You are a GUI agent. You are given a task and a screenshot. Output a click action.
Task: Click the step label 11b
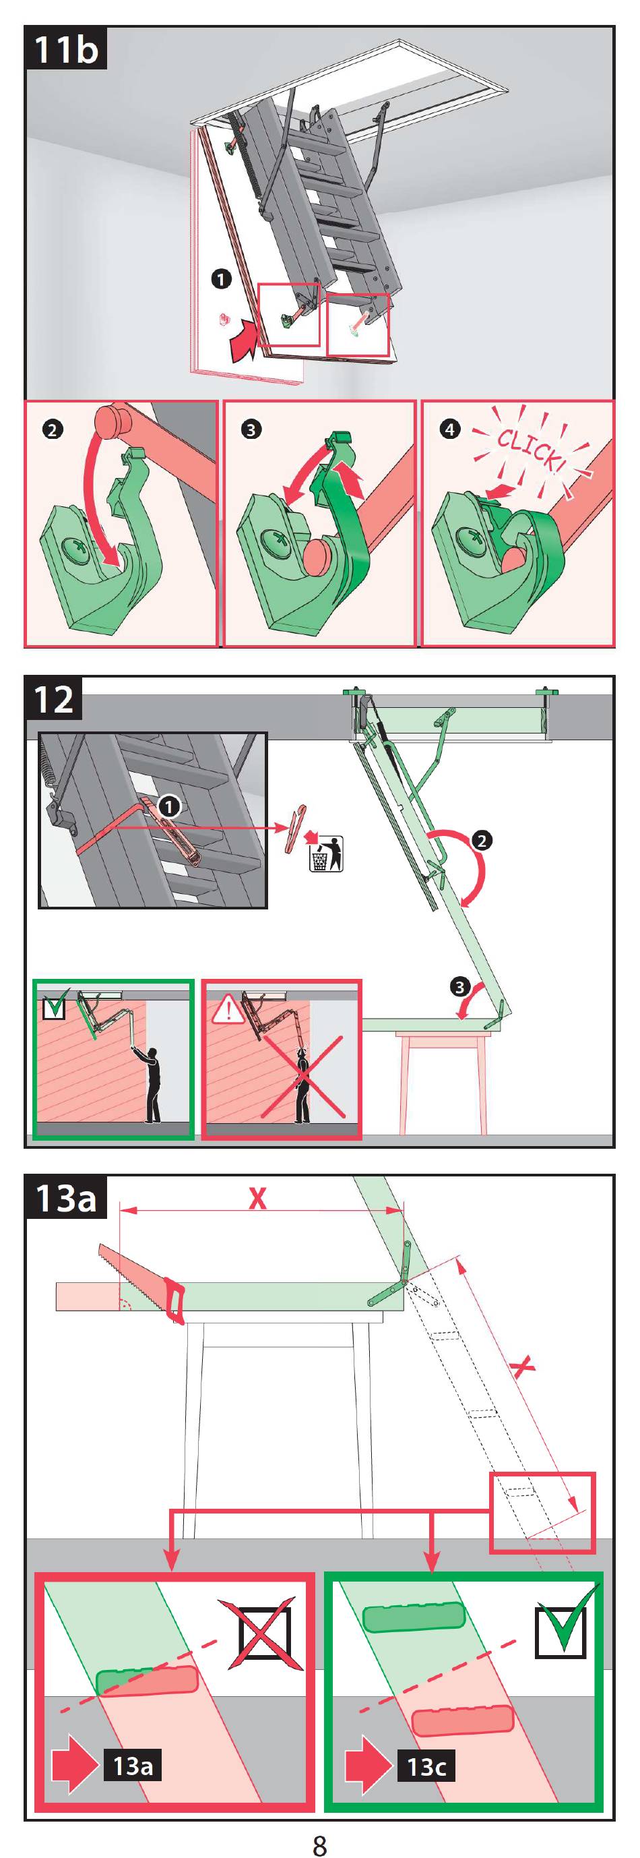click(x=65, y=49)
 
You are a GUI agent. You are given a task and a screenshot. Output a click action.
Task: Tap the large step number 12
click(x=54, y=699)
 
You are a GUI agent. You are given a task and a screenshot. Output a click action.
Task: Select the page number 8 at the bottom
click(x=320, y=1844)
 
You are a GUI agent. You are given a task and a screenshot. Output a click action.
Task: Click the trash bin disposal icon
click(x=326, y=853)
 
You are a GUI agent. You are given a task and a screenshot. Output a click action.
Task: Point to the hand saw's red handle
click(x=175, y=1300)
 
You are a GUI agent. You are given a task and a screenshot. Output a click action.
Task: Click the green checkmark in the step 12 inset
click(x=55, y=1002)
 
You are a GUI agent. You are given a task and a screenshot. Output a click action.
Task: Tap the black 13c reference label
click(x=426, y=1766)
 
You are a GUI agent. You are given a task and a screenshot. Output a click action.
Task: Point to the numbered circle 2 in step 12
click(x=482, y=840)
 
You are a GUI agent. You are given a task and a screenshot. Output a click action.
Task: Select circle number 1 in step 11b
click(x=220, y=278)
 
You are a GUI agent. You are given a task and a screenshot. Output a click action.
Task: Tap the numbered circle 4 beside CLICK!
click(x=450, y=430)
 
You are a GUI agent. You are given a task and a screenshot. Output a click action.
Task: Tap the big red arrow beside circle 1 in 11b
click(x=244, y=340)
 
